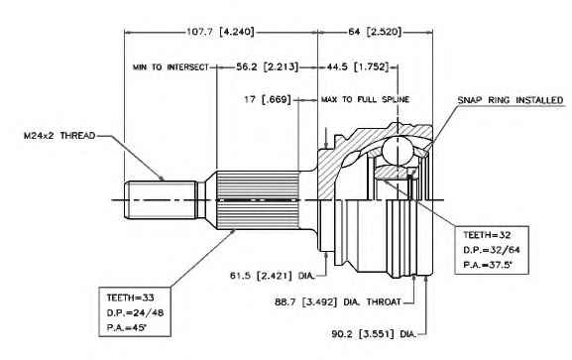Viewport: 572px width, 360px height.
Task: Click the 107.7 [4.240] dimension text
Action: tap(220, 32)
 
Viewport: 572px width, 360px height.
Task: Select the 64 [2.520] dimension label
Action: tap(375, 32)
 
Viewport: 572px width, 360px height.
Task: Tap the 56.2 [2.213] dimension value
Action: tap(268, 66)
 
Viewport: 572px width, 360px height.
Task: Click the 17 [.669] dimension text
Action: tap(268, 99)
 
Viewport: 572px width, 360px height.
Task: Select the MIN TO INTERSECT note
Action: tap(171, 67)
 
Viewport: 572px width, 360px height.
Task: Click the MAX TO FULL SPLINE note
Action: tap(365, 99)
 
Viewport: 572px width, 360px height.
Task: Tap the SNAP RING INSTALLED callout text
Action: tap(511, 100)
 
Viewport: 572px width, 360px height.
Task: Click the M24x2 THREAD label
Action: tap(59, 136)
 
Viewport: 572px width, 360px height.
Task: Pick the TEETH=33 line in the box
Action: tap(130, 298)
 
